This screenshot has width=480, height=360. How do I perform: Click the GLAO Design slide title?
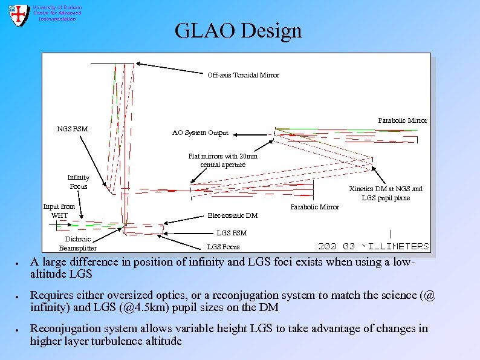238,30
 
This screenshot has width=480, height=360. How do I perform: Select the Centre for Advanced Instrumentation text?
57,13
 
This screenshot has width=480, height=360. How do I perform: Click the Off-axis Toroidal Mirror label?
243,75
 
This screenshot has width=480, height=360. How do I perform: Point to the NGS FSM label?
72,128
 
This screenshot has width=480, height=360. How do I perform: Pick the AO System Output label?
200,133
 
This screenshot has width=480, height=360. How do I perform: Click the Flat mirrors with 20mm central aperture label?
222,160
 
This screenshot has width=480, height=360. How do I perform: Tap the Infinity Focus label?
78,182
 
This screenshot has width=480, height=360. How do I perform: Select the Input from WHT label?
59,211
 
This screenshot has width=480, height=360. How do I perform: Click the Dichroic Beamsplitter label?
77,243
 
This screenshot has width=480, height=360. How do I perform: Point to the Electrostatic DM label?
232,215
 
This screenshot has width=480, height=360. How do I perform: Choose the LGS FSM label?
232,232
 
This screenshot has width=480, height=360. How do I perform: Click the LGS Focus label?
223,247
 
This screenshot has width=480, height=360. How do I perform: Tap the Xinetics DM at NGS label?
386,193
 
